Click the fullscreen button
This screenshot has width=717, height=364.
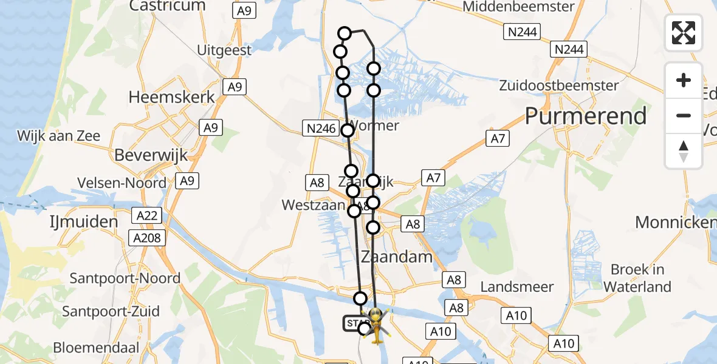pyautogui.click(x=684, y=33)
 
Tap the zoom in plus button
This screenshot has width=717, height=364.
pyautogui.click(x=684, y=80)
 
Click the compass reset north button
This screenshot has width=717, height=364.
pyautogui.click(x=684, y=151)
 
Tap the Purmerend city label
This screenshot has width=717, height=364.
pyautogui.click(x=586, y=116)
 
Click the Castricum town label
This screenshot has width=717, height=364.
pyautogui.click(x=167, y=6)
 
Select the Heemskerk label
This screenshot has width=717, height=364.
pyautogui.click(x=172, y=97)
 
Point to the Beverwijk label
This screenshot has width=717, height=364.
pyautogui.click(x=151, y=155)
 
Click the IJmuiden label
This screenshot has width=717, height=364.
pyautogui.click(x=84, y=222)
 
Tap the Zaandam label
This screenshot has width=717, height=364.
pyautogui.click(x=397, y=257)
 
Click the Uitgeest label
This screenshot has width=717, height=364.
pyautogui.click(x=224, y=50)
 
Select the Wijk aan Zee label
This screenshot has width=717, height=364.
pyautogui.click(x=59, y=135)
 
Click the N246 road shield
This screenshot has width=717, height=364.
pyautogui.click(x=320, y=127)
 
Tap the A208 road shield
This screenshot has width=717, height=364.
pyautogui.click(x=147, y=238)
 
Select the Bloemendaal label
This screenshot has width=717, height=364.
pyautogui.click(x=96, y=348)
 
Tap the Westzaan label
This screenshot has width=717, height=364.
pyautogui.click(x=314, y=205)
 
